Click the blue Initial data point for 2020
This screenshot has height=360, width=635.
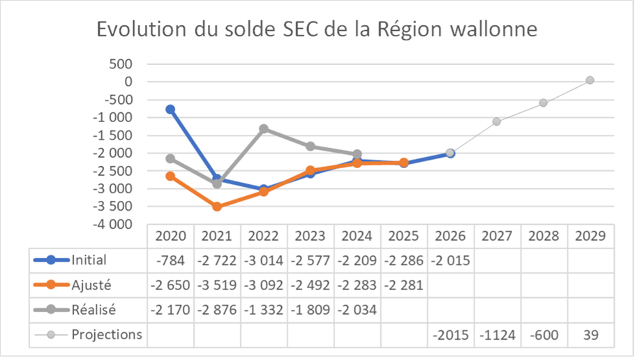[170, 110]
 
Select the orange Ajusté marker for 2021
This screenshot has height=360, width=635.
[217, 207]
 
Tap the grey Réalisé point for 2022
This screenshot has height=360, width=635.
[264, 129]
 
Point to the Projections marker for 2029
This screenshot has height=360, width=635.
[590, 80]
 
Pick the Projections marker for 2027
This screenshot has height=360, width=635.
[497, 121]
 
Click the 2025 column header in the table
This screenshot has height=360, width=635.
[403, 236]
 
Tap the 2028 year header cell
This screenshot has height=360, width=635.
[543, 236]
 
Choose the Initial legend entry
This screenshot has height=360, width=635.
[89, 260]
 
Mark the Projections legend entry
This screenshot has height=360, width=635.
[106, 335]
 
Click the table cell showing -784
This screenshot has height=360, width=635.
[170, 260]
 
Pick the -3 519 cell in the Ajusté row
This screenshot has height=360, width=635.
[217, 285]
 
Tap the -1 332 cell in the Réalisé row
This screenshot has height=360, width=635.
[264, 310]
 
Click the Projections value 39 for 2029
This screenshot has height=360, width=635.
[590, 335]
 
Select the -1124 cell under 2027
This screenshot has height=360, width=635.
[497, 335]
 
